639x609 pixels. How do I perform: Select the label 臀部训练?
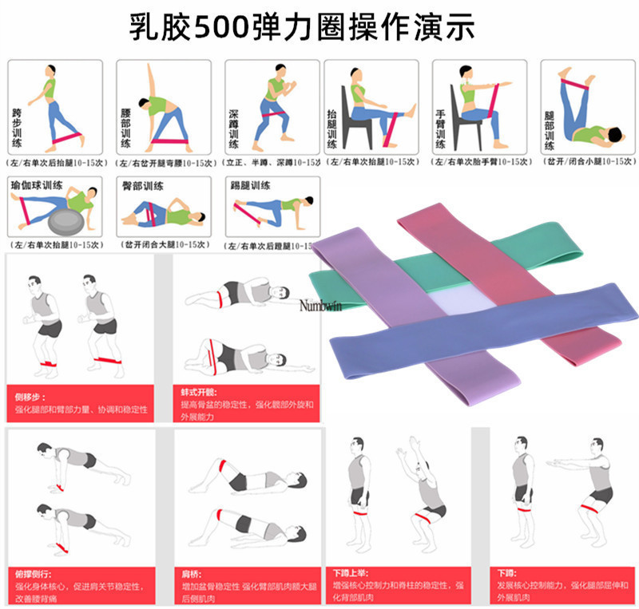point(143,184)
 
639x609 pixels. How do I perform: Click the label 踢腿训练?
point(250,184)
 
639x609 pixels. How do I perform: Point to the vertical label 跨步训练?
point(18,128)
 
